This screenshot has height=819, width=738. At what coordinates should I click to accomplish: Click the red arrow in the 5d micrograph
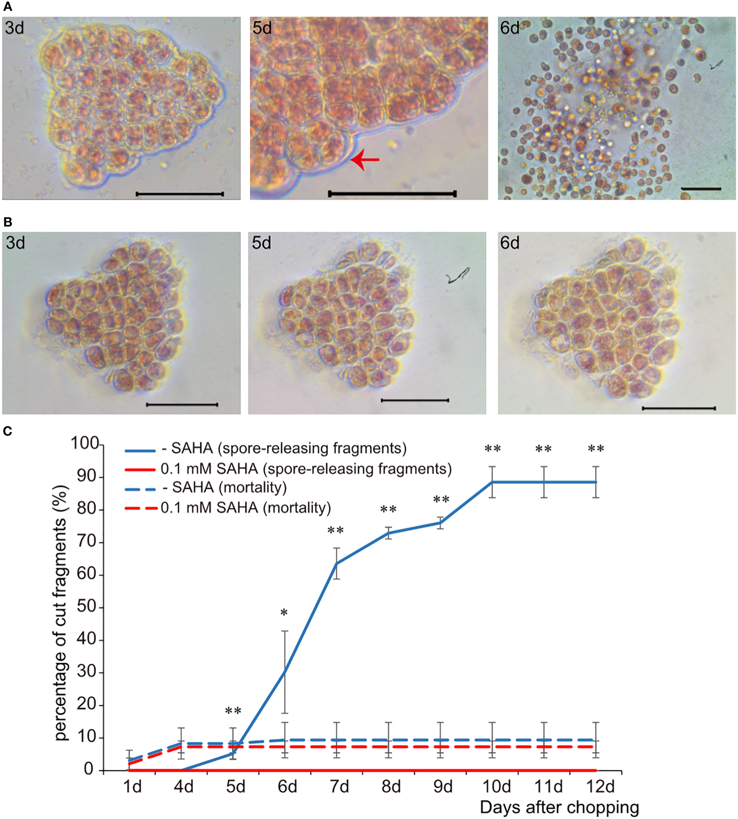[x=365, y=160]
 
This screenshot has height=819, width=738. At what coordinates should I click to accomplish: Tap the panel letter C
[x=8, y=431]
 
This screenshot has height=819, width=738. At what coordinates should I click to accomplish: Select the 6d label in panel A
[x=510, y=28]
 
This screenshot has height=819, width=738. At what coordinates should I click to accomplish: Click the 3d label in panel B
[x=15, y=243]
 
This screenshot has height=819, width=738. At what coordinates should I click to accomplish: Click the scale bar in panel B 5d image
[x=415, y=400]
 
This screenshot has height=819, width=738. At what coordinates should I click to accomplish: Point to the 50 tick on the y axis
[x=87, y=607]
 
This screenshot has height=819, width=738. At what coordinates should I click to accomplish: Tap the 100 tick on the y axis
[x=85, y=443]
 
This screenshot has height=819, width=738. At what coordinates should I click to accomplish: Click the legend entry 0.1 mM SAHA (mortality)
[x=245, y=507]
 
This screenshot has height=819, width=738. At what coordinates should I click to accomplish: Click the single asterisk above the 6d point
[x=284, y=613]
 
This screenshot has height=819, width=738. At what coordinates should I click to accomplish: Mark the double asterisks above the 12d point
[x=596, y=449]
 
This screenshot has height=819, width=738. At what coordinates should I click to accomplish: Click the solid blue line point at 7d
[x=336, y=563]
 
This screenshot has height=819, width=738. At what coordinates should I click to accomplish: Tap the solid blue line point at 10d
[x=493, y=482]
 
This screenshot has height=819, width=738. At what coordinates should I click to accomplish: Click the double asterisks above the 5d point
[x=233, y=711]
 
